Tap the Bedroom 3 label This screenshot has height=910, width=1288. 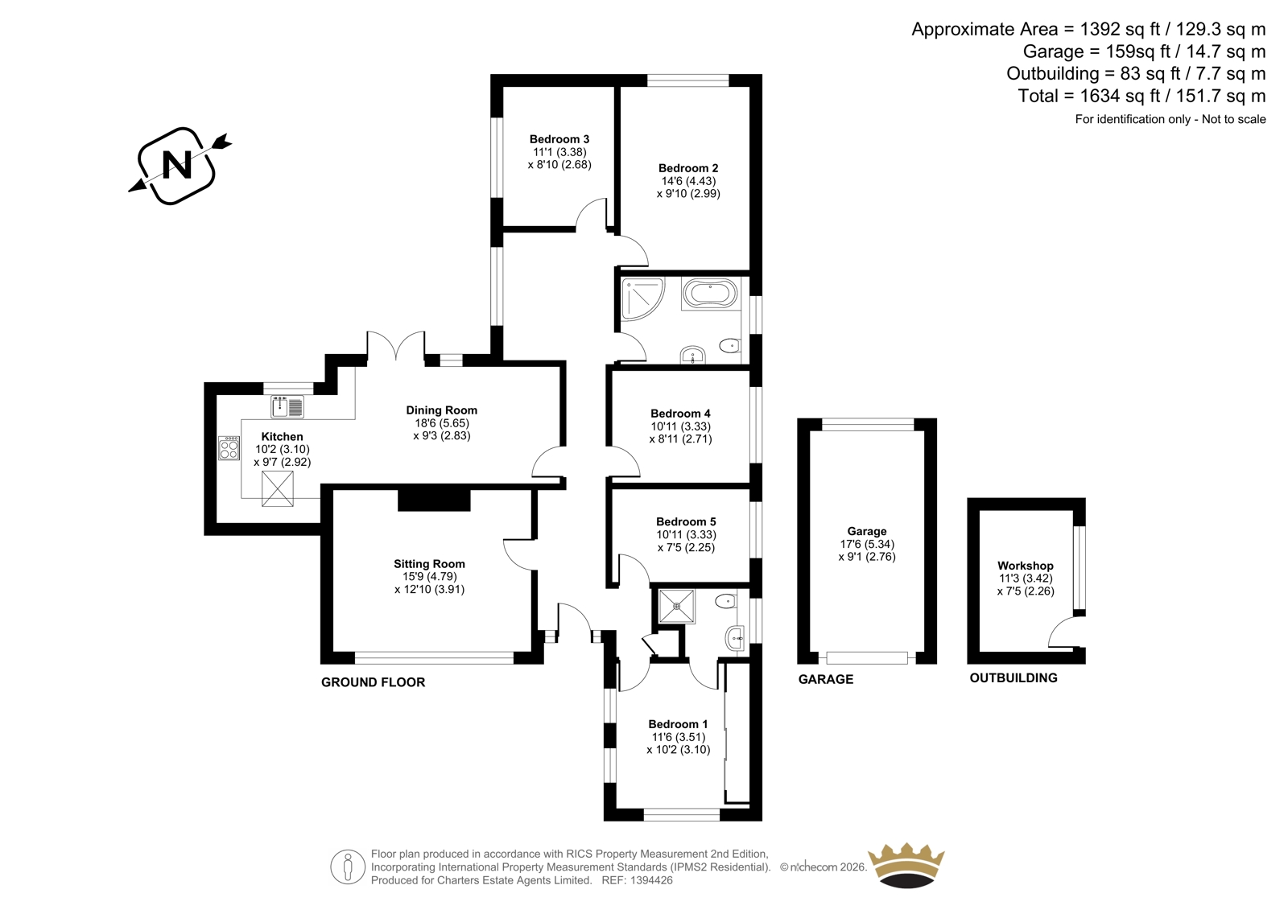point(559,139)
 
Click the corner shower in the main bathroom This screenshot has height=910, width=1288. point(641,298)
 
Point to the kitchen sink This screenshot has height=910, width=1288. point(287,406)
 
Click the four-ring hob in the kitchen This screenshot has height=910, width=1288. point(229,448)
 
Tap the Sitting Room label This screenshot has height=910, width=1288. point(429,564)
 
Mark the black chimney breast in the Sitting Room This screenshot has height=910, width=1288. point(434,500)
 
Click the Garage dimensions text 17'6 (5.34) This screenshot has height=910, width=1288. point(866,544)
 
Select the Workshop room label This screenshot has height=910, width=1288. point(1026,566)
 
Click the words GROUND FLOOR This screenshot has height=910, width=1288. point(373,682)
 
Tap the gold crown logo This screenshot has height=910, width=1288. point(906,867)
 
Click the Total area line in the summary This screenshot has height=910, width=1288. point(1141,96)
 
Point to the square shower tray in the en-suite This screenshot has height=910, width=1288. point(677,605)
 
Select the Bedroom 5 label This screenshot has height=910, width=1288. point(686,522)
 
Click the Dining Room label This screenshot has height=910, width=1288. point(442,410)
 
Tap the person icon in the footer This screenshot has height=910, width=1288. point(347,867)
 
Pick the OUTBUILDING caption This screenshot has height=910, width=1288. point(1013,677)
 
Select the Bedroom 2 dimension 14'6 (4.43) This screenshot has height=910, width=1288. point(688,181)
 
